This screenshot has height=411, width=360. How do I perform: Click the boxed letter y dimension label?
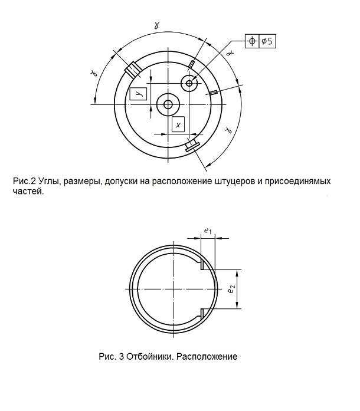coord(138,94)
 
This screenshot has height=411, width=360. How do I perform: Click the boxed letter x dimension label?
coord(178,124)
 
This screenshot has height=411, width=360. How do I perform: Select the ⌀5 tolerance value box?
coord(267,41)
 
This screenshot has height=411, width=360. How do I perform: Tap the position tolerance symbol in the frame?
coord(252,41)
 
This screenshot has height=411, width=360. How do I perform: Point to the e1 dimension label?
coord(208,231)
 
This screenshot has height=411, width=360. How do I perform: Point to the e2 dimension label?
coord(231,290)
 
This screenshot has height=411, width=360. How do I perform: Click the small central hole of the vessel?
coord(168,104)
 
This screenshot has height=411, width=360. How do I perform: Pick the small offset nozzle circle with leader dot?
coord(189,83)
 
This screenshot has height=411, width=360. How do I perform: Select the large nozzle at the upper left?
coord(133,69)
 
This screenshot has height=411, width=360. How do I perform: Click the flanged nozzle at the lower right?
coord(192,146)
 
